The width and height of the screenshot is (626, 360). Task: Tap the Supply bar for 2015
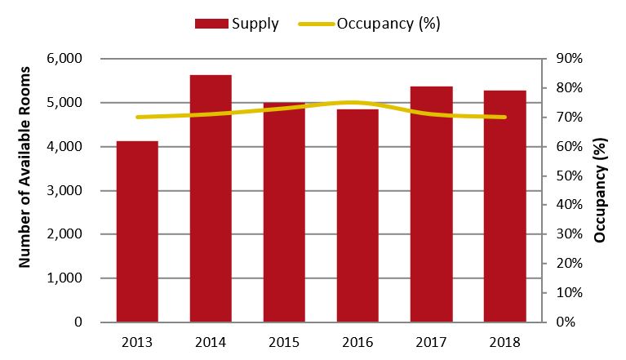pos(284,212)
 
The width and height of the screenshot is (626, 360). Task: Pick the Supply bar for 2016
pos(357,216)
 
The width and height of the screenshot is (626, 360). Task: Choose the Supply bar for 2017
pos(431,204)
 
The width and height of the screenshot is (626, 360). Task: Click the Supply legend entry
pos(237,24)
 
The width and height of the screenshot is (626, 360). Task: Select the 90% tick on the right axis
pos(568,59)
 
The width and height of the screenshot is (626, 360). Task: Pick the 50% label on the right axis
pos(568,176)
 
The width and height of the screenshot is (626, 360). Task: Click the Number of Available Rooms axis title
pos(24,190)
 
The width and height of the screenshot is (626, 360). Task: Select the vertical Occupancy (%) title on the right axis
pos(601,190)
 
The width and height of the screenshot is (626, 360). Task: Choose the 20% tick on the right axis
pos(568,264)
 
